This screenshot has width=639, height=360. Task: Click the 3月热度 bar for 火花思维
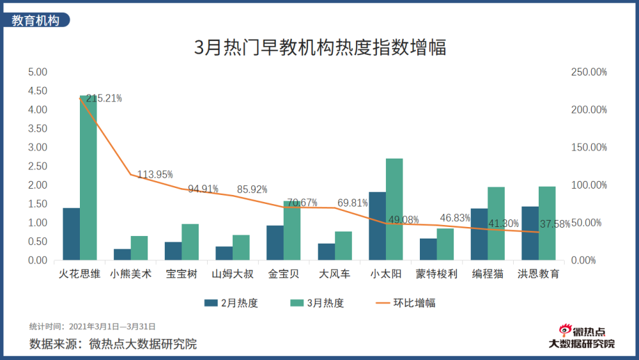88,178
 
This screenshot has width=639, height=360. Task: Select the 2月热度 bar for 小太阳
377,226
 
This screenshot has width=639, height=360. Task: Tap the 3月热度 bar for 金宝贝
292,231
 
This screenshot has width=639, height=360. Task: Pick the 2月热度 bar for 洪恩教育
530,233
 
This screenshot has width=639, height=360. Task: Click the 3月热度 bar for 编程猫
496,224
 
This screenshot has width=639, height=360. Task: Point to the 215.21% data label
104,98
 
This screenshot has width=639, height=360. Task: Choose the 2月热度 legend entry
231,302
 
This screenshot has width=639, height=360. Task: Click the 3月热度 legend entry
317,302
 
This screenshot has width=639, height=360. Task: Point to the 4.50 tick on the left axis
38,91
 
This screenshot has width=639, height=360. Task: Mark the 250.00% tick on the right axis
589,72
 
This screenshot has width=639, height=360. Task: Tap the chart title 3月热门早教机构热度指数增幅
319,47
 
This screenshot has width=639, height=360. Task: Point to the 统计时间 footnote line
93,326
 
